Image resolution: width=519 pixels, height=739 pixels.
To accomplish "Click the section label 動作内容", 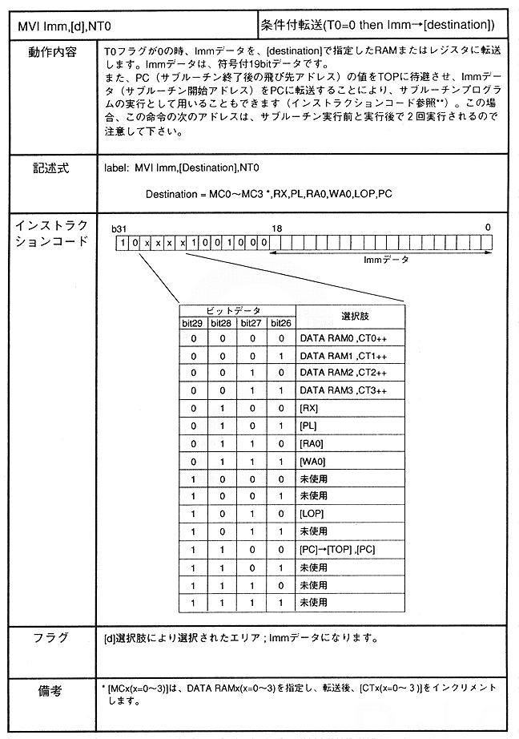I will click(49, 52).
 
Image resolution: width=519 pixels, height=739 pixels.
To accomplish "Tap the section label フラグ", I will click(49, 639).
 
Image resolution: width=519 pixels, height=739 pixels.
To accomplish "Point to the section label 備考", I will click(49, 689).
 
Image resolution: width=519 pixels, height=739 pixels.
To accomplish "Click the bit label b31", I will click(120, 228).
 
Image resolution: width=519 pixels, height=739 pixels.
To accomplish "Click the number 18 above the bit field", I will click(278, 228).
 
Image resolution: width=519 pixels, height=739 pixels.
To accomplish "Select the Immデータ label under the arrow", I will click(386, 260).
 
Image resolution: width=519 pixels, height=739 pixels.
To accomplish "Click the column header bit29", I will click(193, 323).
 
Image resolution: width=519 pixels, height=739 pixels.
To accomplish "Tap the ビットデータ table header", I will click(237, 309).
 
